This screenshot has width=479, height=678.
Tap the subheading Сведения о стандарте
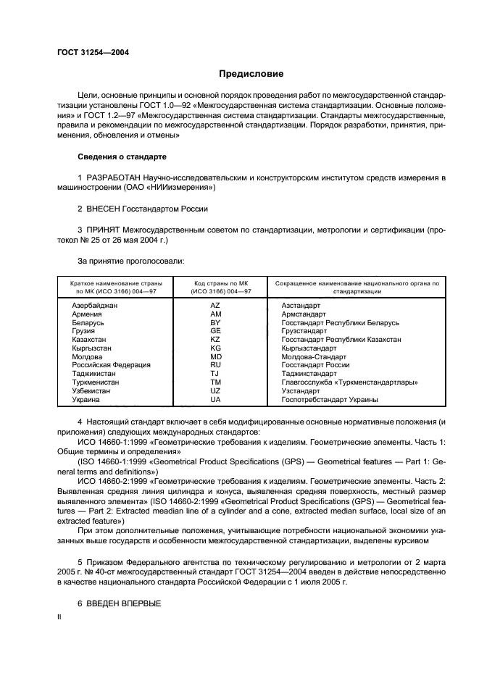pos(122,156)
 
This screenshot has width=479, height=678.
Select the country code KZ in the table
pos(215,340)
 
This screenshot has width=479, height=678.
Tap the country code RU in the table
pos(215,365)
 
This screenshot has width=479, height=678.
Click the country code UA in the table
pos(215,399)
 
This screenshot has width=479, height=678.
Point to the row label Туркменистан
pos(96,382)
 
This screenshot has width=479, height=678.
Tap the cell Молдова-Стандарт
pos(314,356)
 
